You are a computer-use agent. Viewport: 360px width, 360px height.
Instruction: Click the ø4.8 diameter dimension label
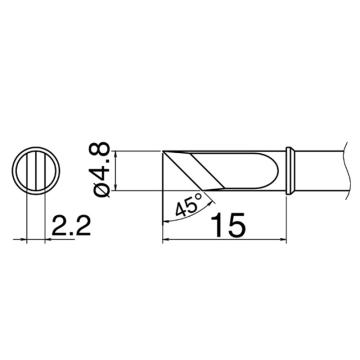pos(101,171)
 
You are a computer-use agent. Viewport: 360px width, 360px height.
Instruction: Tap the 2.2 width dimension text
pos(71,226)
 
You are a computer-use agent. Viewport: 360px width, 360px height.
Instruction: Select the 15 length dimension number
pos(230,225)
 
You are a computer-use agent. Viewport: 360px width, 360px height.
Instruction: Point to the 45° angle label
pos(189,205)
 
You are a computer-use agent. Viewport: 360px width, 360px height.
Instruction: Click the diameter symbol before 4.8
pos(101,192)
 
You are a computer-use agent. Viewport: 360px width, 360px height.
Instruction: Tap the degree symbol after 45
pos(199,196)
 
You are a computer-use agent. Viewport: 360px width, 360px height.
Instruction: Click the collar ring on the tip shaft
pos(290,171)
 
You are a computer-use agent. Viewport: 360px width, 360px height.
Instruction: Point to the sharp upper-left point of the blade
pos(163,152)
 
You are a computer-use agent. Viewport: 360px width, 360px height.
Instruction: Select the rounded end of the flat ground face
pos(274,171)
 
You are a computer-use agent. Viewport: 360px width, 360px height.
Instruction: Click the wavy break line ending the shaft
pos(346,171)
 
